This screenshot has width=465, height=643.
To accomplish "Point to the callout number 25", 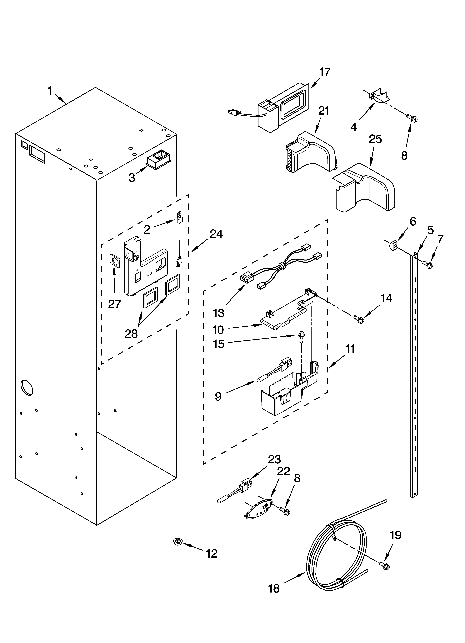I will [x=375, y=139].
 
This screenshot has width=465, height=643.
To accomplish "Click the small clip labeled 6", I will [x=392, y=244].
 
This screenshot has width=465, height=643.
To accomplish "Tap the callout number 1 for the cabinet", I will [x=50, y=91].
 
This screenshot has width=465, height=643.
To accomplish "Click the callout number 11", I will [x=350, y=349].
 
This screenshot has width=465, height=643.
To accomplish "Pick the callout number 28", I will [x=131, y=334].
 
